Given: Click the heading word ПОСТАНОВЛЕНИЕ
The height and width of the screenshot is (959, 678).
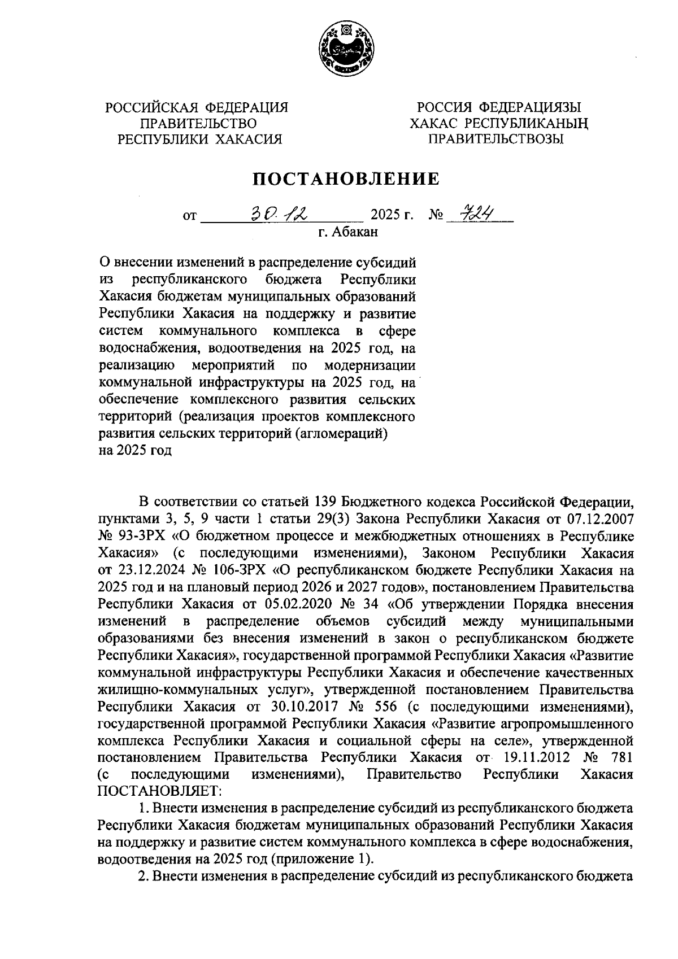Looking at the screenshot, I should tap(346, 179).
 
